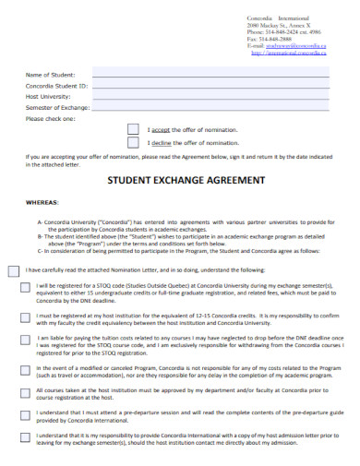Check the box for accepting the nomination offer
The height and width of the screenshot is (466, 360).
tap(133, 130)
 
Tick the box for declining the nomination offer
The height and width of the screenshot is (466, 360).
tap(133, 144)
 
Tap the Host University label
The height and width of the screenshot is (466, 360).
tap(47, 96)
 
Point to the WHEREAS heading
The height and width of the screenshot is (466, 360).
tap(42, 200)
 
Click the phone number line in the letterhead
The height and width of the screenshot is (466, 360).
tap(288, 31)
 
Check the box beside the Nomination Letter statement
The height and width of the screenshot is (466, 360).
tap(13, 270)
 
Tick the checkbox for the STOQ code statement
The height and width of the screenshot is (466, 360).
tap(24, 287)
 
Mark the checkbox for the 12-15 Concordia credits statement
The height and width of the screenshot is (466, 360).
tap(24, 316)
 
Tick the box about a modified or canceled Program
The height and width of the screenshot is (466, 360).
tap(24, 367)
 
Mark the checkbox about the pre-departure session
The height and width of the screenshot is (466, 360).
tap(24, 412)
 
